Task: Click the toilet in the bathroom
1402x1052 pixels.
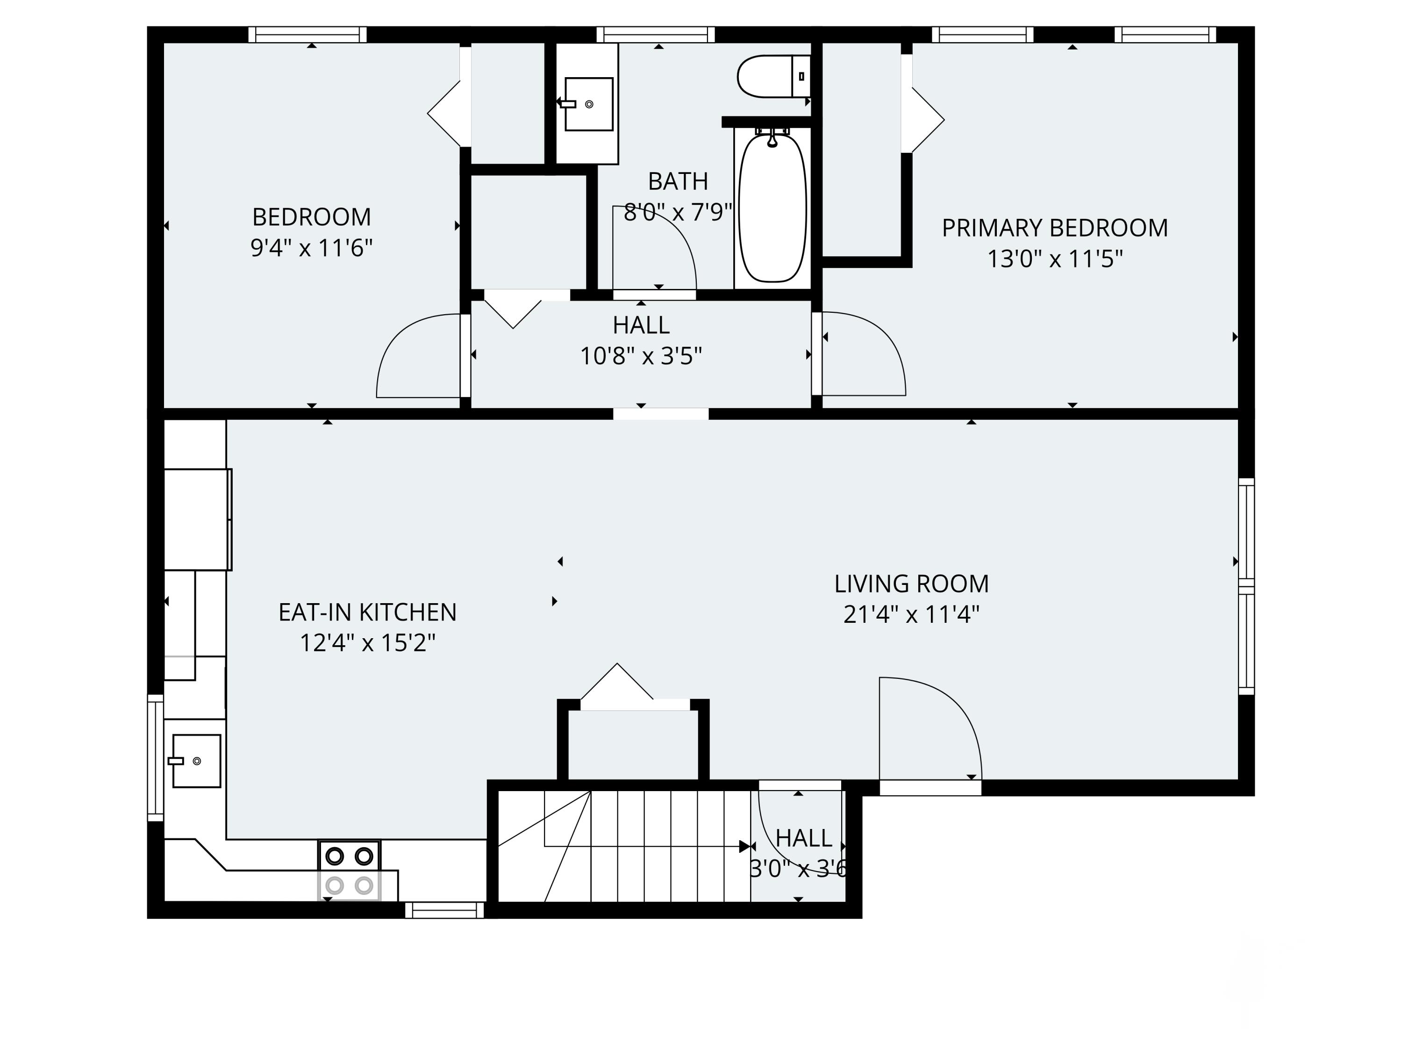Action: (x=774, y=76)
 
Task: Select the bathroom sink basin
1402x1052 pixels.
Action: (x=589, y=104)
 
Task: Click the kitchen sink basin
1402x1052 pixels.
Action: (x=196, y=761)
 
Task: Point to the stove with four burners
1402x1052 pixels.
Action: (x=349, y=870)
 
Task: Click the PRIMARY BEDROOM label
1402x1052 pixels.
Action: (x=1055, y=228)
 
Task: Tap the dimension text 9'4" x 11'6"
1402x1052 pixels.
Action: (x=311, y=248)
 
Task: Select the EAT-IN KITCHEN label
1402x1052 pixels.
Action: (x=368, y=612)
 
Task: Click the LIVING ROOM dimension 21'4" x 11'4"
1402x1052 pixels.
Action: (x=911, y=614)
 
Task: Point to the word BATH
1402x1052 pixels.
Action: (x=678, y=182)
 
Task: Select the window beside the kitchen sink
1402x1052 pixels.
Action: (x=155, y=758)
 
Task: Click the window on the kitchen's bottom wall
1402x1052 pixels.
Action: (x=445, y=910)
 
